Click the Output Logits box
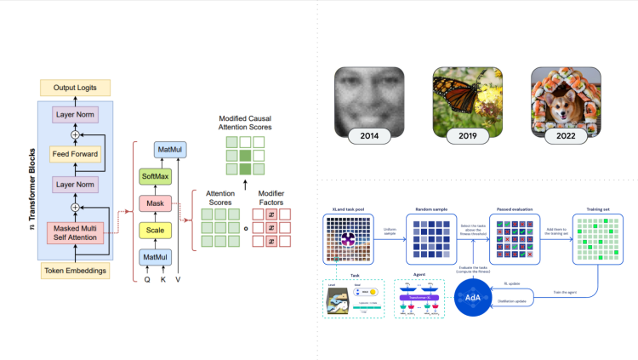click(x=76, y=87)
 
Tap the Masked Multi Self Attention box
click(x=76, y=234)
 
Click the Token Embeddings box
click(x=76, y=271)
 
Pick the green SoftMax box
click(x=156, y=178)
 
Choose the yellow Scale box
click(x=156, y=231)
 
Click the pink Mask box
click(x=156, y=204)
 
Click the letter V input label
click(x=179, y=279)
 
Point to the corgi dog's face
click(x=561, y=94)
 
